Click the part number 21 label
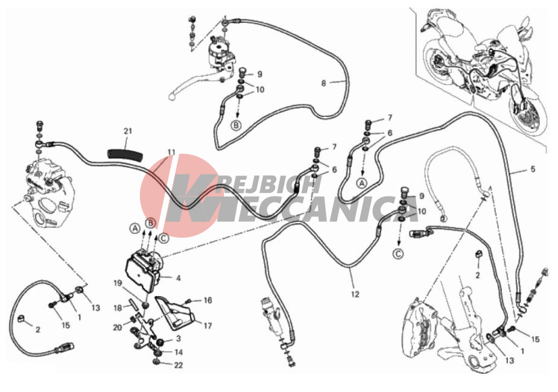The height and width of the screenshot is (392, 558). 128,131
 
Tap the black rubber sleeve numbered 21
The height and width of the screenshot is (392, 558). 125,155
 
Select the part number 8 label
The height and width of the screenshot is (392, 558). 323,83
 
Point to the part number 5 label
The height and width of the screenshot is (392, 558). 533,169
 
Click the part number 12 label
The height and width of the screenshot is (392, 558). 355,294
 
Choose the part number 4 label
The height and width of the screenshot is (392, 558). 179,278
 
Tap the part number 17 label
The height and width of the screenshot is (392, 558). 208,326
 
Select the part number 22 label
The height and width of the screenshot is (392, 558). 179,365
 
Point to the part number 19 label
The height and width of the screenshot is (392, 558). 118,283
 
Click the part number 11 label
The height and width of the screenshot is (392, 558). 171,152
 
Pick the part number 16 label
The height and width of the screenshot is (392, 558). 208,300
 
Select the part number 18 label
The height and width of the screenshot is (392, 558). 118,308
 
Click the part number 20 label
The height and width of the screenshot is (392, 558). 118,327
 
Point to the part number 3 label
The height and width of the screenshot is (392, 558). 179,339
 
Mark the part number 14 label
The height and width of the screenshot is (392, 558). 179,352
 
